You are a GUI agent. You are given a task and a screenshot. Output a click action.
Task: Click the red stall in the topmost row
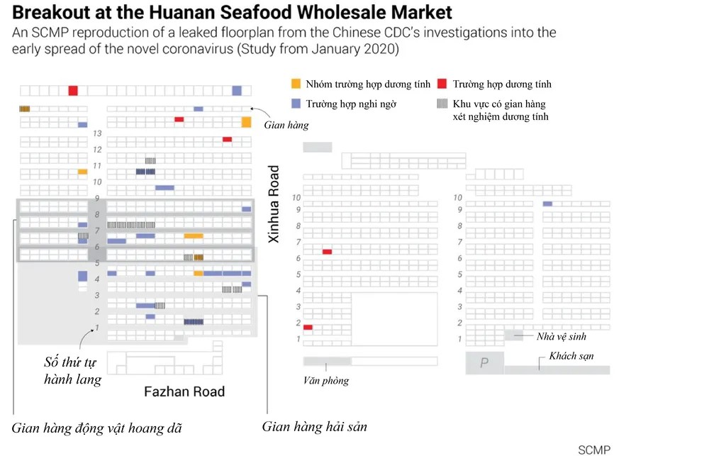[x=73, y=90]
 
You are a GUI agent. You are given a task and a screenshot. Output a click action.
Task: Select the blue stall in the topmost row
[x=237, y=90]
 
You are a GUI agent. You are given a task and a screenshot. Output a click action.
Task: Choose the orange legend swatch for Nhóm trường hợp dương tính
[x=296, y=84]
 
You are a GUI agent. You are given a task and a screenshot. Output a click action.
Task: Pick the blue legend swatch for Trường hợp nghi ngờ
[x=296, y=104]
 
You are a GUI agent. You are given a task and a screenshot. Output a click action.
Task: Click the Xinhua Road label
[x=274, y=205]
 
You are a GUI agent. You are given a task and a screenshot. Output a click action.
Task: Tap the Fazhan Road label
[x=184, y=391]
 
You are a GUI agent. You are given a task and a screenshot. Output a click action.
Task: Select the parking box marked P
[x=484, y=362]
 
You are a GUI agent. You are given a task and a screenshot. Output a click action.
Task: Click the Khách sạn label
[x=571, y=356]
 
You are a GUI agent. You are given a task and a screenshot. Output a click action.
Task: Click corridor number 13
[x=97, y=134]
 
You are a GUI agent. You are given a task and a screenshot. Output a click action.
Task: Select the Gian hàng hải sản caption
[x=314, y=427]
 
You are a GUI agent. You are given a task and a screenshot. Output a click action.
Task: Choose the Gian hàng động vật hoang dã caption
[x=97, y=428]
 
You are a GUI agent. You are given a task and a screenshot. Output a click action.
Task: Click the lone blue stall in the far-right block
[x=547, y=204]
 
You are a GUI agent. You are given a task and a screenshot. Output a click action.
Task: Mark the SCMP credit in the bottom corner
[x=593, y=450]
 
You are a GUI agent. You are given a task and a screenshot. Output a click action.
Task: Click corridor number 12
[x=97, y=150]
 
